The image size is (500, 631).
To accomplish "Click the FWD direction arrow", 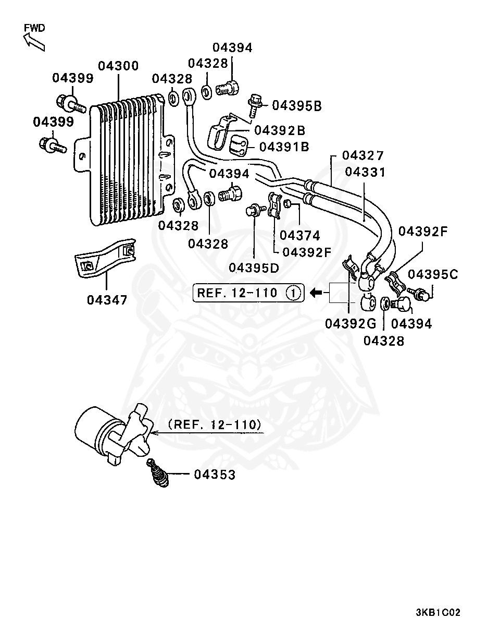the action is pos(34,42).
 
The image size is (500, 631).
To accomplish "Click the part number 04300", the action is pos(118,66).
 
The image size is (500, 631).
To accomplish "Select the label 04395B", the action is pos(297,106).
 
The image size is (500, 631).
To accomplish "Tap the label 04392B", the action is pos(280,130).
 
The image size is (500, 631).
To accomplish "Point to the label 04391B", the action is pos(284,147).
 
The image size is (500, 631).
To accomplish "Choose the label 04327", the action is pos(363,155).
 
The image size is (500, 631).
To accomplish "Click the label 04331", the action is pos(365,172).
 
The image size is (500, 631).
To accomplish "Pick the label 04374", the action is pos(299,236).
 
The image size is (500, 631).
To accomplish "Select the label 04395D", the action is pos(254,268).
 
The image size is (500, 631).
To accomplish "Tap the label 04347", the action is pos(107,300).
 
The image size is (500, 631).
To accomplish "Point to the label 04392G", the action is pos(351,324).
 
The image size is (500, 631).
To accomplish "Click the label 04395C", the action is pos(433,275).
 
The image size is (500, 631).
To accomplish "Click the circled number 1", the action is pos(294,293).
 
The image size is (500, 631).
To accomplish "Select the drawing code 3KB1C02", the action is pos(438,613).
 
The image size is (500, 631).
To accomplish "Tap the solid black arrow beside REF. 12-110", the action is pos(316,293).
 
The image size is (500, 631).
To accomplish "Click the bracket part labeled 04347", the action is pos(105,258).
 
